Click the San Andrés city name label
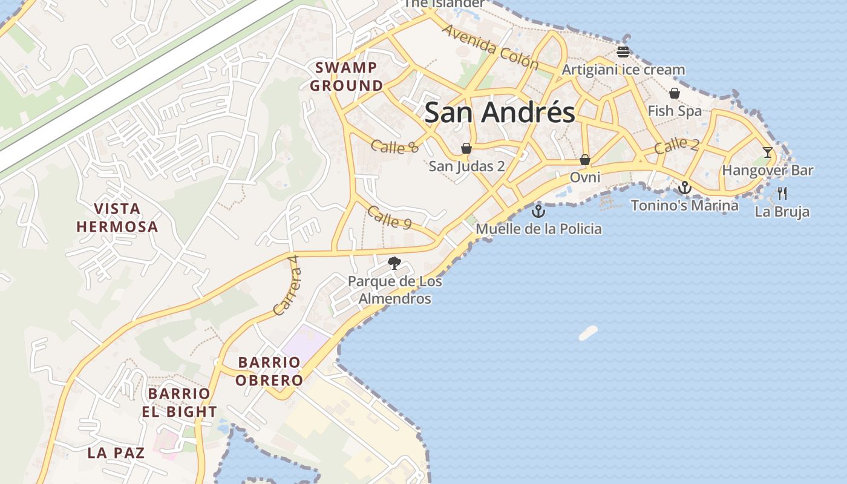coord(500,113)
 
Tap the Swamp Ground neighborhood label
coord(347,77)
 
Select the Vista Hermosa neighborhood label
coord(117,218)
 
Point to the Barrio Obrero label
coord(269,371)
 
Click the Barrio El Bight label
coord(180,402)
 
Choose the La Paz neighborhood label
coord(116,453)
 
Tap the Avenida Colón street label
coord(490,47)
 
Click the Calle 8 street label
coord(394,146)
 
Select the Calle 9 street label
coord(389,218)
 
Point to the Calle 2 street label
coord(676,145)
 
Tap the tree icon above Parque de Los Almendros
coord(394,263)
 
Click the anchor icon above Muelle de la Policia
coord(538,211)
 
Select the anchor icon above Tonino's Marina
coord(685,188)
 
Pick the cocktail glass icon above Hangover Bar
coord(768,152)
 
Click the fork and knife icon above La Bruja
coord(782,194)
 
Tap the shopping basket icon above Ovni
coord(585,160)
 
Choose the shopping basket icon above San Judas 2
coord(466,148)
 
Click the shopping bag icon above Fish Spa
coord(675,93)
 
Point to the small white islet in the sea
coord(588,333)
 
